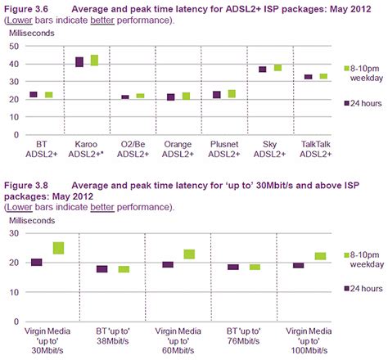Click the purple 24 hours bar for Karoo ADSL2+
click(x=79, y=62)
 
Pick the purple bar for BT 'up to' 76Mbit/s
click(x=233, y=267)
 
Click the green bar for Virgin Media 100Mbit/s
click(x=320, y=256)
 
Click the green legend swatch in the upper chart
click(x=347, y=68)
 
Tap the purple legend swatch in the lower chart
click(x=347, y=288)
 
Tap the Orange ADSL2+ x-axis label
click(x=177, y=147)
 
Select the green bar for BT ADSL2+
click(x=48, y=95)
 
